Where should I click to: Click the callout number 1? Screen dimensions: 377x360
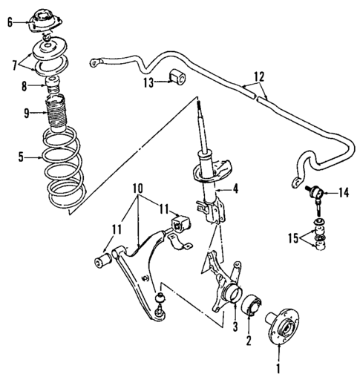coord(279,366)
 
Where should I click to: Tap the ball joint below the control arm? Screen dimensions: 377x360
coord(159,304)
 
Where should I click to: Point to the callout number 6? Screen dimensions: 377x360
coord(10,22)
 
